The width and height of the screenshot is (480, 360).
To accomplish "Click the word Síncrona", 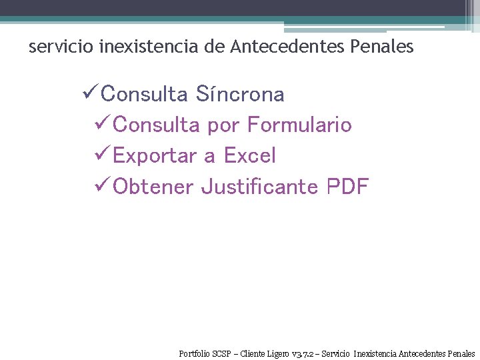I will point(240,95).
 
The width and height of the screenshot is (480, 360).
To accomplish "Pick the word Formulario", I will point(299,125).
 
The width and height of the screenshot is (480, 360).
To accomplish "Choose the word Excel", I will point(249,156).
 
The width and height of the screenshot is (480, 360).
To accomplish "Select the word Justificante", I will point(259,187).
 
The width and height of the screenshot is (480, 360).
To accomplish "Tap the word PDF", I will point(347,187).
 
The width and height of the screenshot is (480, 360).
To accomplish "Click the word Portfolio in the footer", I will point(194,353).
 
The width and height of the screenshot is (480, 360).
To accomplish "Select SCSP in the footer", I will point(223,353).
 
